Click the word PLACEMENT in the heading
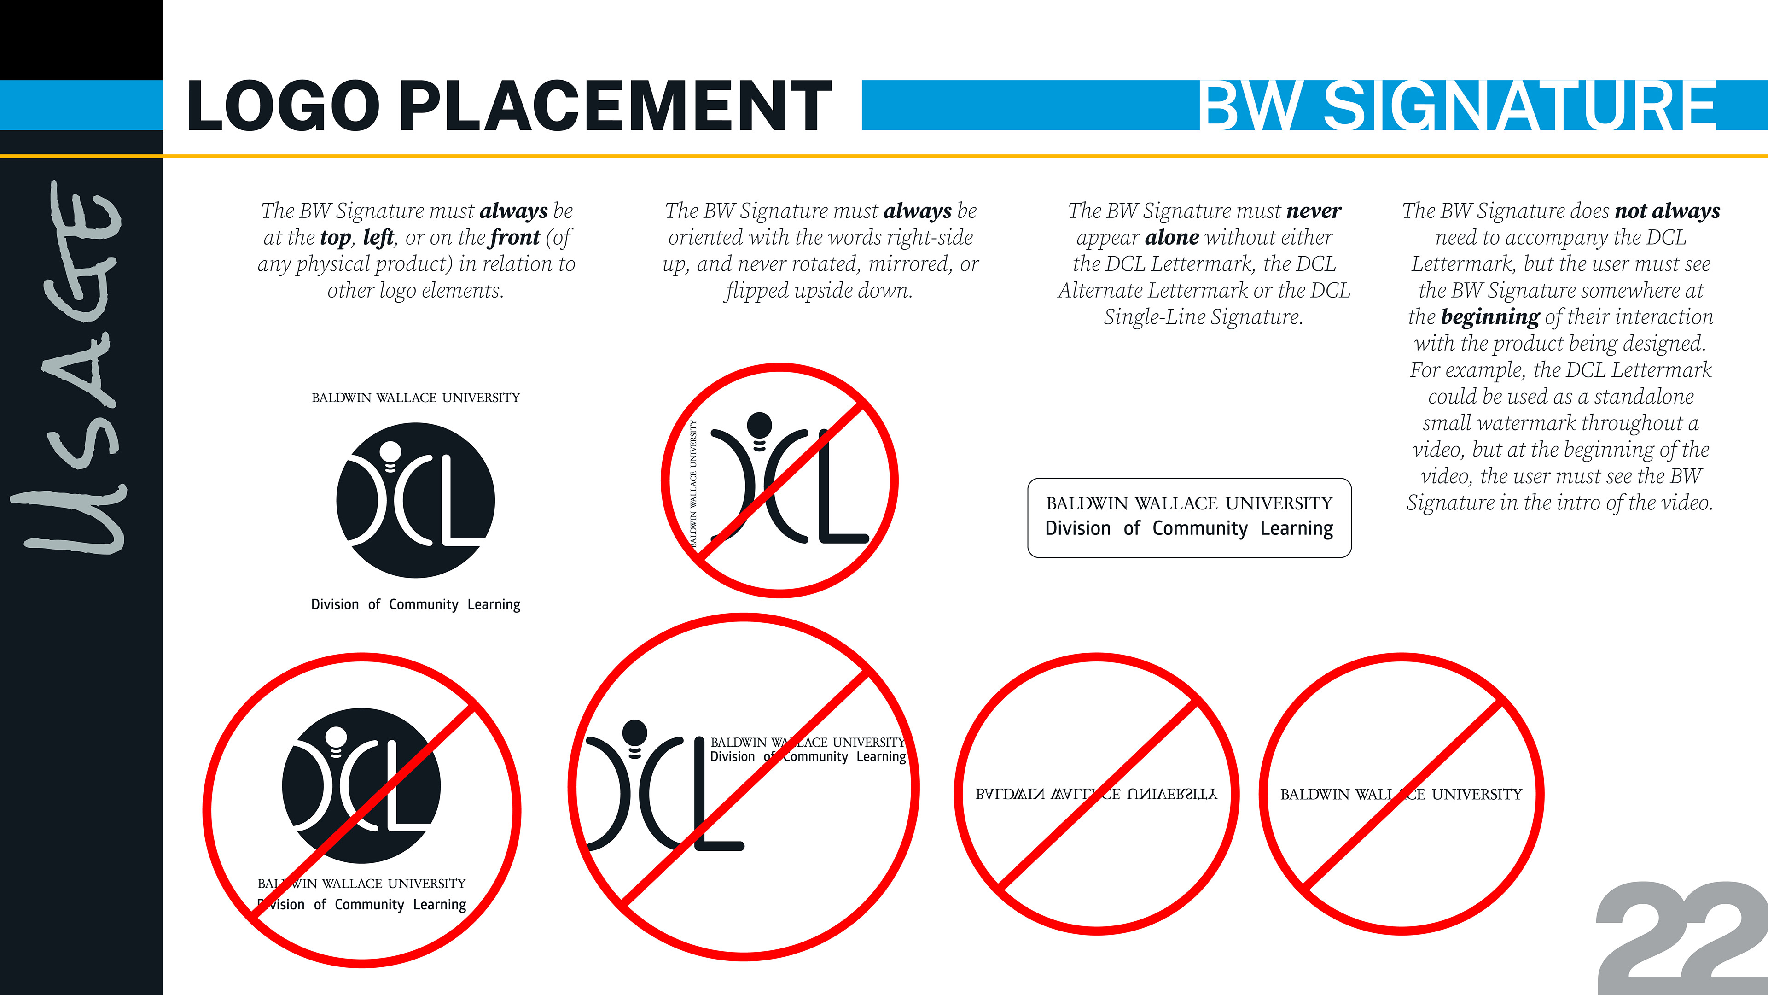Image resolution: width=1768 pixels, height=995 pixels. [616, 106]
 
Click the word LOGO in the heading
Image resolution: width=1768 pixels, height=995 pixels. [283, 106]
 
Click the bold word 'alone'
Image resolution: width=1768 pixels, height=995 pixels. [1172, 238]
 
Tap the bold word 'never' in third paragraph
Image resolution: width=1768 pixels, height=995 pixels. [1314, 211]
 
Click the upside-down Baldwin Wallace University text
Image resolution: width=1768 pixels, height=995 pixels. [1096, 795]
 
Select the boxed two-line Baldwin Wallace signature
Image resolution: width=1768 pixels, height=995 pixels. [1189, 517]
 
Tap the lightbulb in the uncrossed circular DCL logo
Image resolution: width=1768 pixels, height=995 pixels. [390, 453]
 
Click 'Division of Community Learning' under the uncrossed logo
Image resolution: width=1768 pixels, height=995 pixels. [415, 604]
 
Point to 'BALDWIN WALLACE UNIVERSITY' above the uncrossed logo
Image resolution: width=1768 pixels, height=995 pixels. [415, 398]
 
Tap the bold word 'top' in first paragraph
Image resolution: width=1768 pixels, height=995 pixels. [335, 238]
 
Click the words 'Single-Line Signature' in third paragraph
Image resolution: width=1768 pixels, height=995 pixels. [1203, 317]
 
